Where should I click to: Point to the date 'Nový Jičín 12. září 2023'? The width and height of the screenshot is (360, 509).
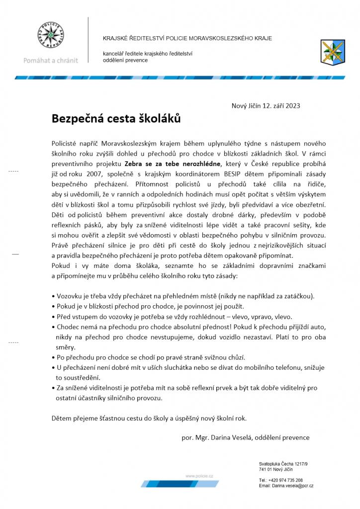tap(266, 105)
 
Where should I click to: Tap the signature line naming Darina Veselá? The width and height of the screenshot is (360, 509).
tap(246, 437)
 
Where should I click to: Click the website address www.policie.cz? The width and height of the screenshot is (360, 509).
tap(199, 476)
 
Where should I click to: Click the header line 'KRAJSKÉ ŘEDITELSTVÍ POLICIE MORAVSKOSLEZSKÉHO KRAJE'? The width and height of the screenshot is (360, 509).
tap(187, 38)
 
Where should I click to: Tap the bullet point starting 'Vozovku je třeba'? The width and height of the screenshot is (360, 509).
tap(183, 296)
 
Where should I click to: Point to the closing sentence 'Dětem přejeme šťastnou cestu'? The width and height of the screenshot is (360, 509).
tap(149, 418)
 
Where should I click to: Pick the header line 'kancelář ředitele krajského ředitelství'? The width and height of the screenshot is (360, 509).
tap(148, 54)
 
